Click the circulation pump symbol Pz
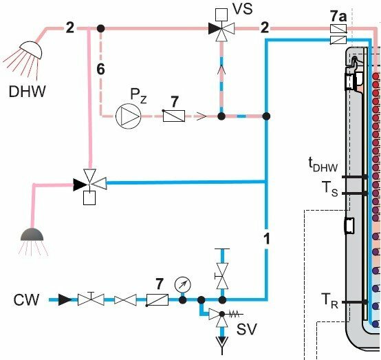[128, 116]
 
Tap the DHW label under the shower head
[28, 92]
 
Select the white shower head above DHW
[32, 50]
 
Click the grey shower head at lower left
[32, 235]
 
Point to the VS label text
[243, 9]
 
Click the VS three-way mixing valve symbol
[221, 29]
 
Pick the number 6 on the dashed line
[100, 69]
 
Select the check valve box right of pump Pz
[174, 116]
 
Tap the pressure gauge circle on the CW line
[183, 284]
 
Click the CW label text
[26, 299]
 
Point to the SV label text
[247, 329]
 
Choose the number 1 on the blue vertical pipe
[267, 238]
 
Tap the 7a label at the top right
[338, 17]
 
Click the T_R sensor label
[329, 301]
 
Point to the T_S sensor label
[330, 189]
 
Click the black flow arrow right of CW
[65, 299]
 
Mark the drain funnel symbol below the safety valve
[222, 344]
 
